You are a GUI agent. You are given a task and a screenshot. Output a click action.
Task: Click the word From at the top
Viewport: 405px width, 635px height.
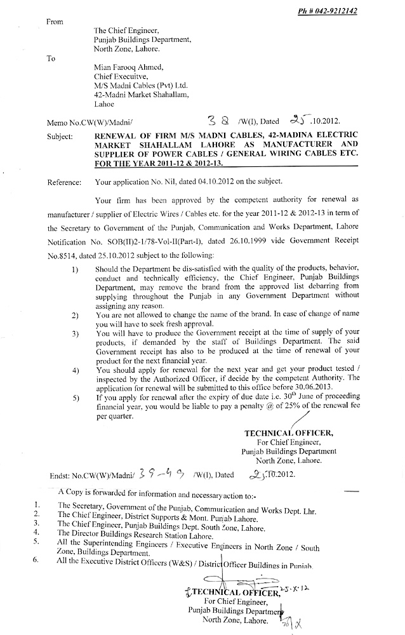[x=55, y=22]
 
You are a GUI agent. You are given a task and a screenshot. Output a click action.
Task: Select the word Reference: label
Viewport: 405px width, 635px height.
[x=68, y=182]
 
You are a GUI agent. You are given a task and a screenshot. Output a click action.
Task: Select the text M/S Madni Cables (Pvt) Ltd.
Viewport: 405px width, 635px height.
[x=140, y=84]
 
